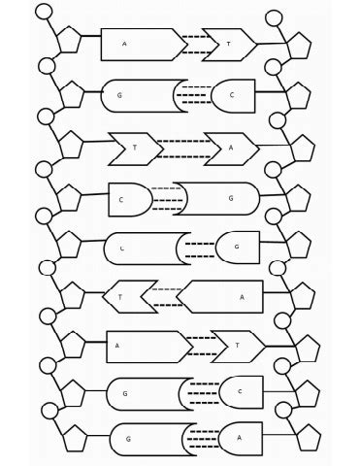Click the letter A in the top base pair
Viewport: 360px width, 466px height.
125,45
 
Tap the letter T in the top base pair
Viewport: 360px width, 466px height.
230,45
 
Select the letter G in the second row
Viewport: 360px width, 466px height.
119,95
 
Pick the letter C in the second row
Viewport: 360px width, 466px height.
232,95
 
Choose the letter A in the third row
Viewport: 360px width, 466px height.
231,149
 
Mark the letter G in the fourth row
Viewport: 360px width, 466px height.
231,198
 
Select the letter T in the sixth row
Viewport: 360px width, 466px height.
120,297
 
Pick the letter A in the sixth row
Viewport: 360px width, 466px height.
242,297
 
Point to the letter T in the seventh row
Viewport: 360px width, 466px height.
238,345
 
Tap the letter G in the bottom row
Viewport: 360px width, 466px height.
128,440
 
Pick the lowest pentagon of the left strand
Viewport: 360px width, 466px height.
72,440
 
